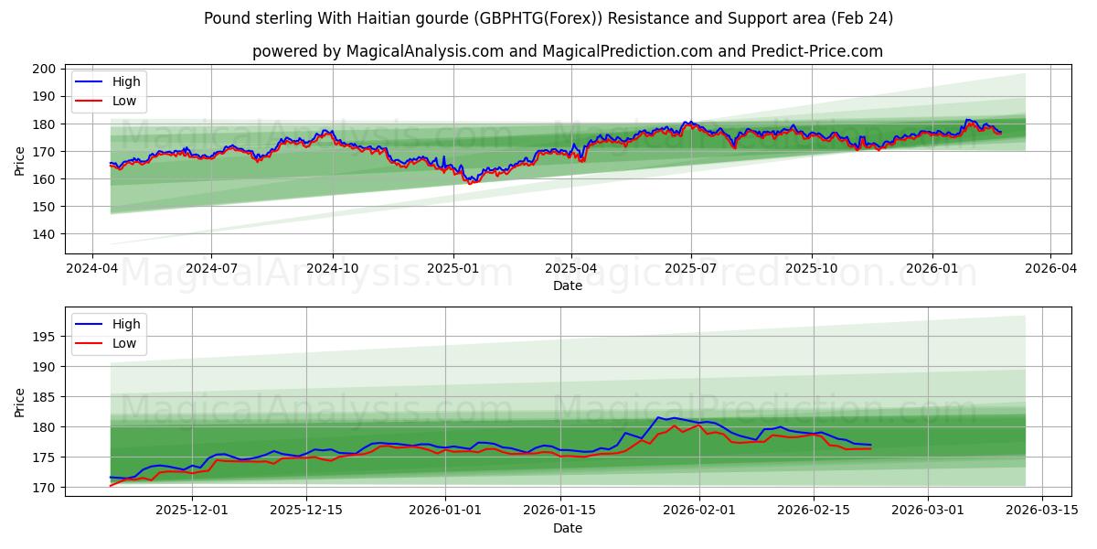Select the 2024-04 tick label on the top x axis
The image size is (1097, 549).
[91, 268]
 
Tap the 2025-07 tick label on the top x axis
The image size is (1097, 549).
[690, 268]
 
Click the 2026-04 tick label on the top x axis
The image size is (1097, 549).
[1049, 268]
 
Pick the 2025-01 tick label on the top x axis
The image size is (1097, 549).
[453, 268]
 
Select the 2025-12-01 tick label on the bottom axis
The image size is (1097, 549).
[193, 510]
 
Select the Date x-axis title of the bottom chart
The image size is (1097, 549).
[568, 528]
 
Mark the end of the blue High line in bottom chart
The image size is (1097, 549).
[870, 445]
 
